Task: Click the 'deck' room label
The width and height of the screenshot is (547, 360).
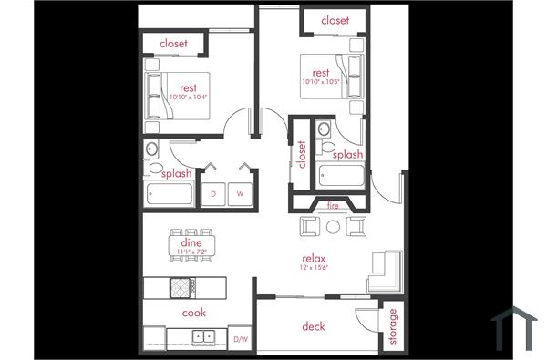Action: tap(313, 326)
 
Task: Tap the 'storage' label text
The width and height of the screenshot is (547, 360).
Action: tap(393, 326)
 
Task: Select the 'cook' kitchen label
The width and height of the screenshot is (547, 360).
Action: tap(194, 313)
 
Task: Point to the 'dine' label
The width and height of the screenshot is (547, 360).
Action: tap(191, 242)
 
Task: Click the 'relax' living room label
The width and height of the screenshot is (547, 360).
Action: tap(314, 260)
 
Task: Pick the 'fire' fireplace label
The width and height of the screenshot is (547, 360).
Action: tap(333, 206)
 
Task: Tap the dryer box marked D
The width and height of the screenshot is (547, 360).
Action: tap(214, 194)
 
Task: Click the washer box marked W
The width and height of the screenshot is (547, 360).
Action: tap(241, 194)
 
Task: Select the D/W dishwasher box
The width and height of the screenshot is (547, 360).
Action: tap(241, 339)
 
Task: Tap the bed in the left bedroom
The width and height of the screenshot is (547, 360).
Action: tap(178, 95)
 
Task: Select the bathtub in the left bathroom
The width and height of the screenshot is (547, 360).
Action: tap(170, 194)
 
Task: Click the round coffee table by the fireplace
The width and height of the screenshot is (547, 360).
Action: tap(333, 225)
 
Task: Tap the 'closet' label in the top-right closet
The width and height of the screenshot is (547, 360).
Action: tap(335, 20)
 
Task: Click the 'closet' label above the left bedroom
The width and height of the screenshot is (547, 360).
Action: tap(173, 44)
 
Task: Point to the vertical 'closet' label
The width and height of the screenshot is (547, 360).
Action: tap(302, 155)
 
